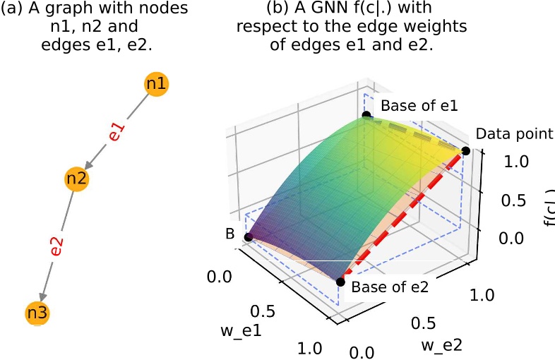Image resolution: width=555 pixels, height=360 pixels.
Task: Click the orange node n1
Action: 156,84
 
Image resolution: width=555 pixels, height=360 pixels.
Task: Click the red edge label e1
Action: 117,131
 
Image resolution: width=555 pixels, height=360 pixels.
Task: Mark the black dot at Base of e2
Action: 340,282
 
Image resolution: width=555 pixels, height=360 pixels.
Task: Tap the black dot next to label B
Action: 248,237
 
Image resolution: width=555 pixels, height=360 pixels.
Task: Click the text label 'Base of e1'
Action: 419,107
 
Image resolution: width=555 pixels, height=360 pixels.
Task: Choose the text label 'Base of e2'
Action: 390,287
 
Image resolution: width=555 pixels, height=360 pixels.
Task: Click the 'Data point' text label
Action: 513,133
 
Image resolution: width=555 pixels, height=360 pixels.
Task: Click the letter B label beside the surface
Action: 229,234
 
